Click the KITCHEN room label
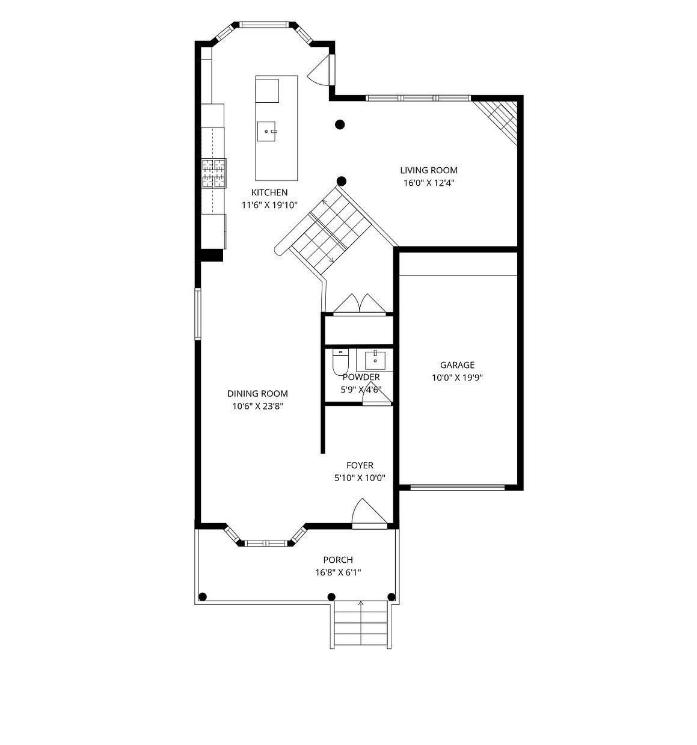[x=269, y=192]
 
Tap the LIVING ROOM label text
[x=428, y=170]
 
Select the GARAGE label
[x=457, y=364]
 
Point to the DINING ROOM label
[x=257, y=393]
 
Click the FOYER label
[x=360, y=465]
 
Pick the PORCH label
[x=338, y=560]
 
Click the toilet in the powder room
[x=340, y=362]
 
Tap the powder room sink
[x=374, y=361]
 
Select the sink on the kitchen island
[x=266, y=131]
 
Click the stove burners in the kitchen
[x=214, y=173]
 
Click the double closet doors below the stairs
[x=359, y=303]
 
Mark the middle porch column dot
[x=331, y=597]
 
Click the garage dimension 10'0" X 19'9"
[x=457, y=378]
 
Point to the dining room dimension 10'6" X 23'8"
[x=257, y=406]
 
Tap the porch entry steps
[x=360, y=625]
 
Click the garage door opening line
[x=457, y=488]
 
